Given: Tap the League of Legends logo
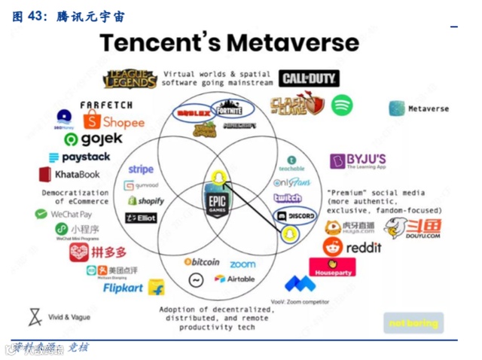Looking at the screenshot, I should tap(131, 78).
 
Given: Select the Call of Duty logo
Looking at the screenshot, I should tap(309, 78).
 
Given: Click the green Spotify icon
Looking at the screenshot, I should tap(342, 104).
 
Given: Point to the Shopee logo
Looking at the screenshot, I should tap(114, 121).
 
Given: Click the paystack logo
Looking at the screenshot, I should tap(80, 157).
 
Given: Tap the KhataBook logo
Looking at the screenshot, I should tap(70, 175).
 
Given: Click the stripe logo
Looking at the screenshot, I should tap(142, 169).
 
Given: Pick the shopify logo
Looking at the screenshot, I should tap(146, 201).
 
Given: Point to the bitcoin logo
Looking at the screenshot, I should tap(202, 262).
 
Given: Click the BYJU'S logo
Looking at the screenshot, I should tap(358, 161).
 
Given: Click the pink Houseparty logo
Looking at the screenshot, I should tap(332, 267).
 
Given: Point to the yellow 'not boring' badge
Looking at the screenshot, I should tap(413, 323).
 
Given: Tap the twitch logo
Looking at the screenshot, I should tap(288, 198).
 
